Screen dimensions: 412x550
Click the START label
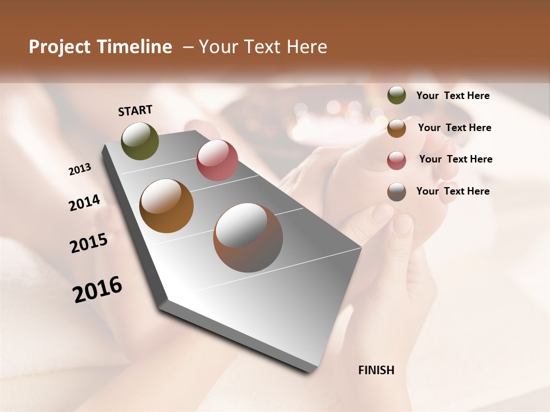[x=135, y=110]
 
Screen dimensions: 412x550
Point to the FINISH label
[x=376, y=370]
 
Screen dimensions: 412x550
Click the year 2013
[x=80, y=169]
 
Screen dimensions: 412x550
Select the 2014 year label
[x=84, y=203]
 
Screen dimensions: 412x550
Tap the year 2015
[x=89, y=243]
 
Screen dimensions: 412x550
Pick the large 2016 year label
[x=97, y=290]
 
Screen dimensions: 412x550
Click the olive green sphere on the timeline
[x=140, y=141]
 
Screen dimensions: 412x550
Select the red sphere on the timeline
[x=217, y=160]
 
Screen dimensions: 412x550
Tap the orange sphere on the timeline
[x=167, y=206]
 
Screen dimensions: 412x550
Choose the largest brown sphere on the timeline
[x=248, y=237]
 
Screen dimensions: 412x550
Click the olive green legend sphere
[x=396, y=96]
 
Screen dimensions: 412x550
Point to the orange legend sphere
[x=396, y=128]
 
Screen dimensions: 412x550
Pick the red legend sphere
[x=396, y=160]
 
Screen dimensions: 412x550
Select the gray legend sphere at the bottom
[x=396, y=192]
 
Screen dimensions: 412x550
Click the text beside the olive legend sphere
[x=453, y=96]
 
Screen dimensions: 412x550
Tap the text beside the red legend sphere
[x=455, y=159]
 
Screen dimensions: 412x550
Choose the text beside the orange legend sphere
[x=454, y=128]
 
